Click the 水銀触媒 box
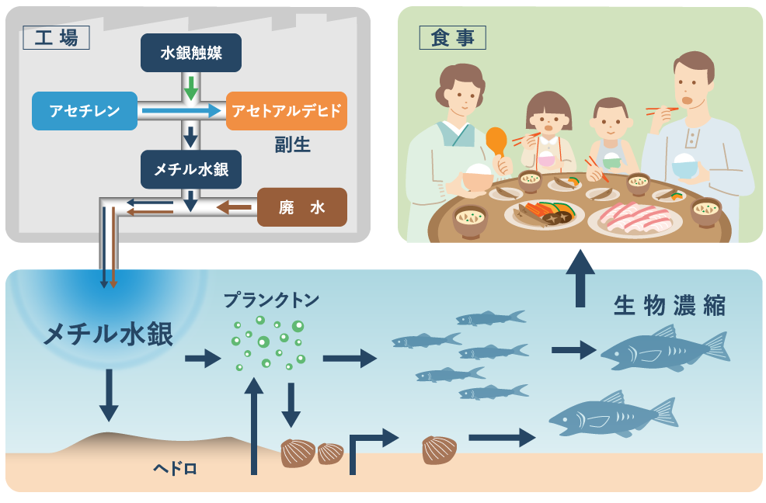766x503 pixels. pos(191,54)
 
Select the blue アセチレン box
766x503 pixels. pos(85,111)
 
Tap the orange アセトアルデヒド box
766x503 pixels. pos(287,111)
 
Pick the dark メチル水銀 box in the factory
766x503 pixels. pos(191,169)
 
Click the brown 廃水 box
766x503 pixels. pos(301,207)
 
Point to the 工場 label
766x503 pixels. pos(56,36)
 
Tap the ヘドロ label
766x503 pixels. pos(175,467)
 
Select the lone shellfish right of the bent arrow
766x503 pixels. pos(439,450)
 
